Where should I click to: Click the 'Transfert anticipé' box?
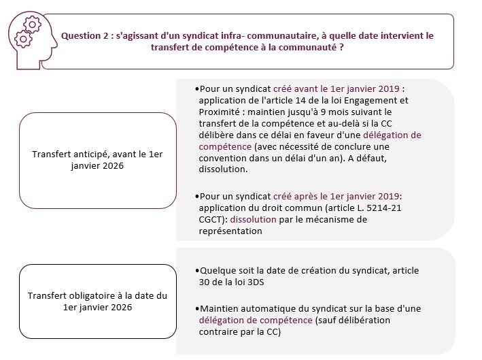tap(97, 161)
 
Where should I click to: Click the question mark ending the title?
tap(341, 48)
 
